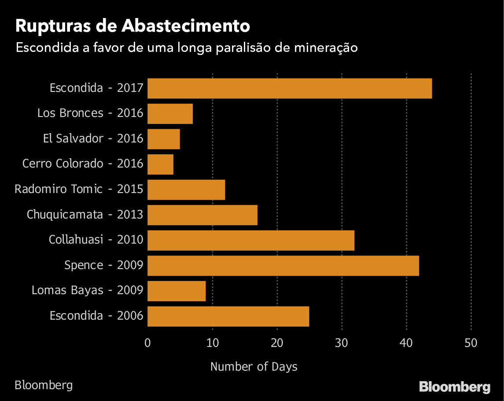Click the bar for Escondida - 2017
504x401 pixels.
point(289,88)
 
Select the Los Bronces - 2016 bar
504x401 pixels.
point(170,114)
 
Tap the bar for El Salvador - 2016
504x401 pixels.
point(163,139)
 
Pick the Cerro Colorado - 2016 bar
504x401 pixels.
point(160,164)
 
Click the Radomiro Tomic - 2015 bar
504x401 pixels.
point(186,190)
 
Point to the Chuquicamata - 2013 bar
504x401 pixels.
point(202,215)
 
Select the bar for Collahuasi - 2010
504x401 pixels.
point(250,240)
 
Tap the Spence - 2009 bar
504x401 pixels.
point(283,266)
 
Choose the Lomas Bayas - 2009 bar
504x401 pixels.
point(177,291)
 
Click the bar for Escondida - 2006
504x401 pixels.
point(228,316)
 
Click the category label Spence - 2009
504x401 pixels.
point(104,266)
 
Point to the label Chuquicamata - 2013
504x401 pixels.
point(85,215)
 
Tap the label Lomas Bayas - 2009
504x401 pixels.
point(88,291)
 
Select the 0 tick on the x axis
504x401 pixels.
point(147,343)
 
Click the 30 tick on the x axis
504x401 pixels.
point(342,343)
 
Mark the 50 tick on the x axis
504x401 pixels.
point(471,343)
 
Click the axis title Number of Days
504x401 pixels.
point(254,366)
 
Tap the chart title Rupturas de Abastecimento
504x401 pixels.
point(132,26)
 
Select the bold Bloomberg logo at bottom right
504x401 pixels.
point(455,387)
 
